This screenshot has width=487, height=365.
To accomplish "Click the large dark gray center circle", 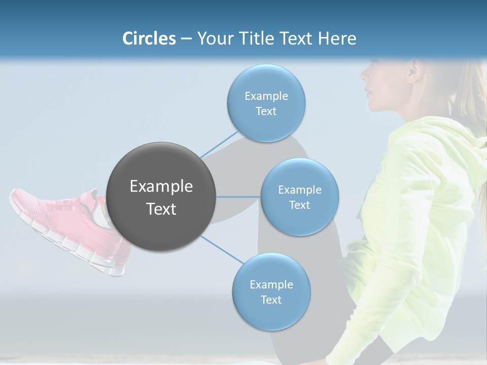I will (161, 197).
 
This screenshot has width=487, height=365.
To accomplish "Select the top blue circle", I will (266, 103).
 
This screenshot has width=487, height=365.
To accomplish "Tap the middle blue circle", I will (299, 197).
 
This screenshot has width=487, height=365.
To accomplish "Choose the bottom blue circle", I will (271, 292).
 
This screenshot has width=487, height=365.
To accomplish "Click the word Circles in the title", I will (149, 39).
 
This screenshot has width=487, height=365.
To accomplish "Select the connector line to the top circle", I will (219, 144).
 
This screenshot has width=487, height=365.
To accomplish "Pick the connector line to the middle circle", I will (238, 197).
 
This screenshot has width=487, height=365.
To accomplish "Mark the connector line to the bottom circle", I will (222, 250).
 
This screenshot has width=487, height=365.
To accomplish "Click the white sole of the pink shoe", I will (76, 248).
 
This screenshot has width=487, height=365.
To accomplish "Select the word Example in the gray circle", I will (161, 187).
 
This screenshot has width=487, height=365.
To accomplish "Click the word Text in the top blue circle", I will (266, 112).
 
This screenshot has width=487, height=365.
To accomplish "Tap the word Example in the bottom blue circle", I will (271, 284).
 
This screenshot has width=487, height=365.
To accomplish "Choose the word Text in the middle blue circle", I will (299, 205).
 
